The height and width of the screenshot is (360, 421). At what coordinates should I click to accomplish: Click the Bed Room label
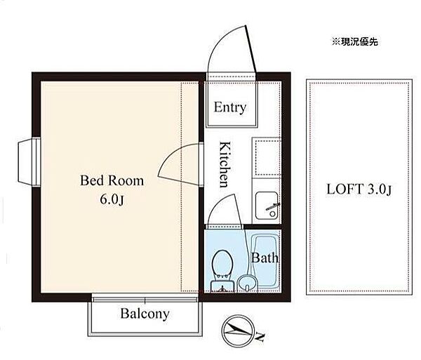tap(112, 180)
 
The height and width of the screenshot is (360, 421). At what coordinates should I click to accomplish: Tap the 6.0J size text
tap(112, 199)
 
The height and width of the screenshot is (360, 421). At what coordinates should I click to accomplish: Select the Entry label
tap(230, 107)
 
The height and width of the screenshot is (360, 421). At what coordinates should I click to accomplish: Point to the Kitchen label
tap(225, 164)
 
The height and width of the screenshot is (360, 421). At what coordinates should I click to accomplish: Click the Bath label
tap(265, 258)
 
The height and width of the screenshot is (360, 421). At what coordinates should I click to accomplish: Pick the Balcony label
tap(145, 314)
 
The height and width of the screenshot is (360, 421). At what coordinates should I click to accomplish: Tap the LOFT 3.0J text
tap(359, 189)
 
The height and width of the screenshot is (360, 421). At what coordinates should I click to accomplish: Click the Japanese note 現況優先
tap(355, 41)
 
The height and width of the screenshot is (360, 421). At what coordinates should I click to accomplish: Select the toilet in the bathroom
tap(222, 270)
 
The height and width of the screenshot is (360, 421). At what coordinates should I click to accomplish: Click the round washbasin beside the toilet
tap(247, 284)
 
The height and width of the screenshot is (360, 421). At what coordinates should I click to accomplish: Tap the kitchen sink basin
tap(267, 206)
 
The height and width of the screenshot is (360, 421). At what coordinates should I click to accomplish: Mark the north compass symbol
tap(238, 331)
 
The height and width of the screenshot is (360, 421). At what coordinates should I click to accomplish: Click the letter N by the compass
tap(260, 337)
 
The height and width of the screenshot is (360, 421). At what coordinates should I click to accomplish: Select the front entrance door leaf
tap(250, 49)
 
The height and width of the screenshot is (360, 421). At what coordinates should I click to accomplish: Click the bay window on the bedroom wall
tap(29, 162)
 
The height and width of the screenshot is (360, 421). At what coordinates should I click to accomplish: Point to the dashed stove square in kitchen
tap(267, 157)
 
